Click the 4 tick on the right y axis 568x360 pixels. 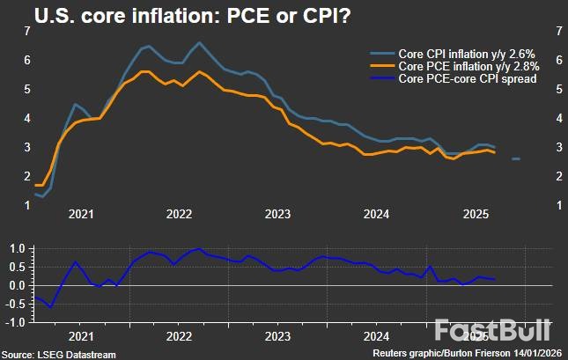point(550,118)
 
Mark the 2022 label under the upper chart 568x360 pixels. point(179,214)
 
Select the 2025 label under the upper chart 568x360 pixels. point(476,214)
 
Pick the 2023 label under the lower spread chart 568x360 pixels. point(278,335)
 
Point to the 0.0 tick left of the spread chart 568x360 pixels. point(17,286)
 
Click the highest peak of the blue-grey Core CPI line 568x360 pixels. point(199,42)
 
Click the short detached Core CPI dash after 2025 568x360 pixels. point(516,159)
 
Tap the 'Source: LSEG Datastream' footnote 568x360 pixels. point(59,354)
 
